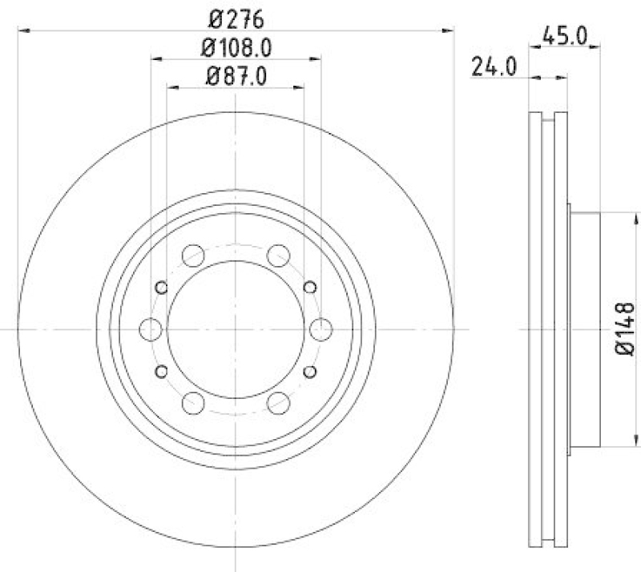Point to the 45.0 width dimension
566,35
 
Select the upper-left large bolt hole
193,256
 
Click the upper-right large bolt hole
278,256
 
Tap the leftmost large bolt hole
151,328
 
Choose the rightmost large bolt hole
320,328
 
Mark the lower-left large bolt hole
193,401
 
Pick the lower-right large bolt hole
278,401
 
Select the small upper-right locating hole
310,288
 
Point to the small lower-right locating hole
310,370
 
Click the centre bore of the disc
236,328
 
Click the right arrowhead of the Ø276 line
450,30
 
